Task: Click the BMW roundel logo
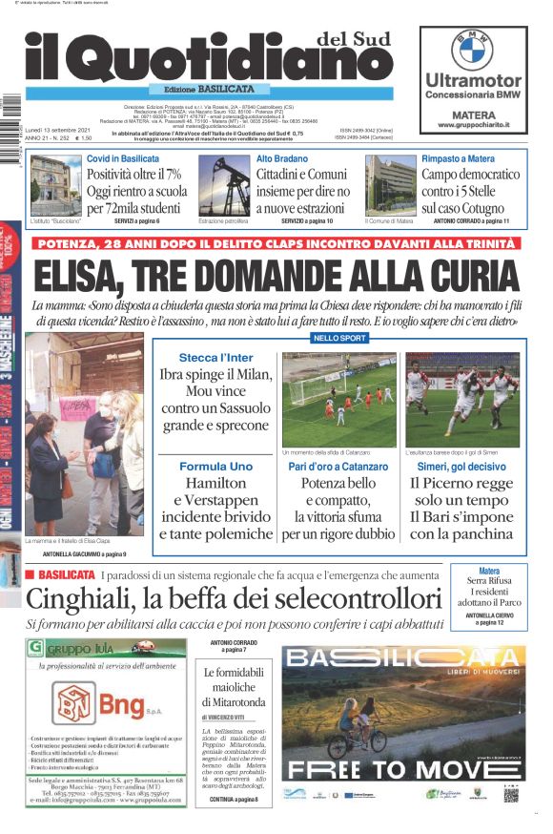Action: click(x=472, y=49)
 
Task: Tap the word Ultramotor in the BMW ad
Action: click(x=473, y=81)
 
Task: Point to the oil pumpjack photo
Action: click(x=224, y=186)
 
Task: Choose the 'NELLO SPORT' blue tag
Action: click(x=338, y=338)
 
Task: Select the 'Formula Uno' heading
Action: click(x=215, y=467)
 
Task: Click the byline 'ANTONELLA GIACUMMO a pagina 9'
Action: click(x=84, y=553)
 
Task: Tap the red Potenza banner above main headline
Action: click(x=276, y=243)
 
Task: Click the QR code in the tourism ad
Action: click(x=511, y=794)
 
